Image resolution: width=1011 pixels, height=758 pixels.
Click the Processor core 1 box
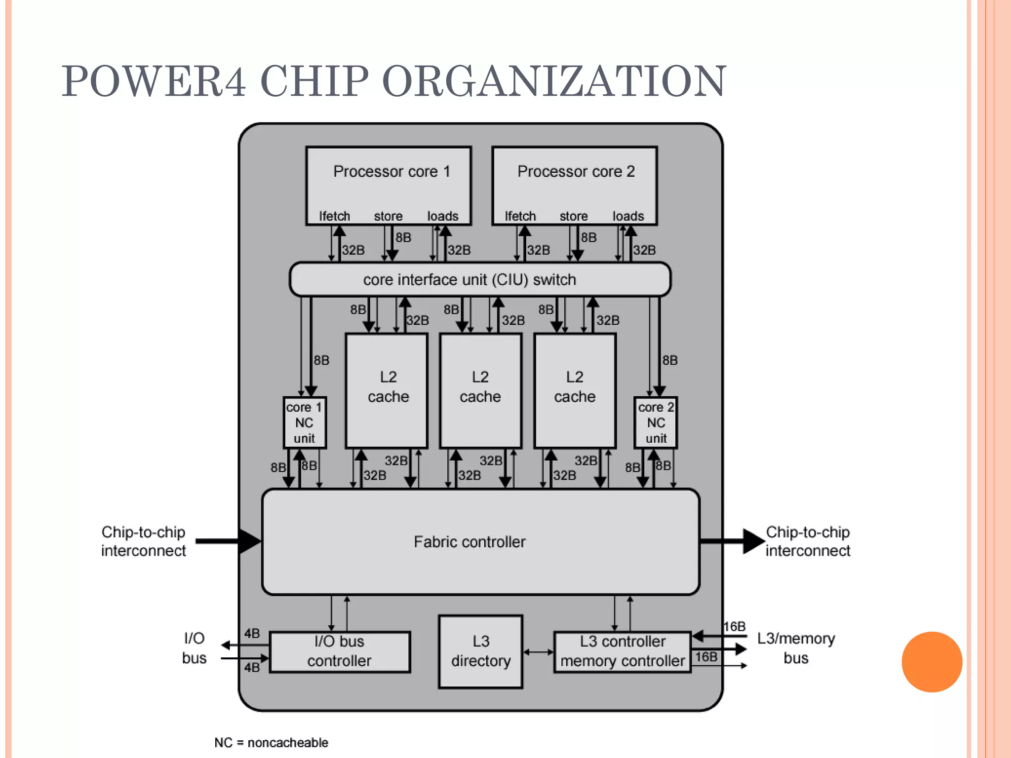coord(389,185)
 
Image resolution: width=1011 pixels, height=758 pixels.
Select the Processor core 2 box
coord(575,185)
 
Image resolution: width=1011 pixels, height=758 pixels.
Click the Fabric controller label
coord(469,542)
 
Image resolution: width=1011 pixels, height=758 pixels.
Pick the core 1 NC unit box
coord(305,423)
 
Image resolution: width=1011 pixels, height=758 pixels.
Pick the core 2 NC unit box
coord(656,423)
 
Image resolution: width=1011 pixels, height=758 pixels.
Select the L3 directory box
coord(480,651)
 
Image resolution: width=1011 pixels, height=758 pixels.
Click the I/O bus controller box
coord(340,651)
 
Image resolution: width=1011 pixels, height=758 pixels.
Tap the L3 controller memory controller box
coord(622,651)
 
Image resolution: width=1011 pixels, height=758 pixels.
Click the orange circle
coord(932,662)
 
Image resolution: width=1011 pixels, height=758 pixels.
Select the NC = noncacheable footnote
coord(271,742)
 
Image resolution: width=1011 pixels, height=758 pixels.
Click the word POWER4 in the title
coord(153,81)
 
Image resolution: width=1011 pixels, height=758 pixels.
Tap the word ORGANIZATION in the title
coord(554,81)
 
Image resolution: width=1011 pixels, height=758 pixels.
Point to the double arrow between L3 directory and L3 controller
coord(539,652)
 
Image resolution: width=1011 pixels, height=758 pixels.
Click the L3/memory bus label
coord(796,648)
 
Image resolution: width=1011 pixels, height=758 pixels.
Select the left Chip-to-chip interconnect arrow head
coord(250,541)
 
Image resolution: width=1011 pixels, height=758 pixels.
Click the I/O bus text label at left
coord(194,648)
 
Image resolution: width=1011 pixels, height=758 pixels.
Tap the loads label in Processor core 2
coord(628,216)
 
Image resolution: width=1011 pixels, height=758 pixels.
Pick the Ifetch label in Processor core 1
coord(334,216)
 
